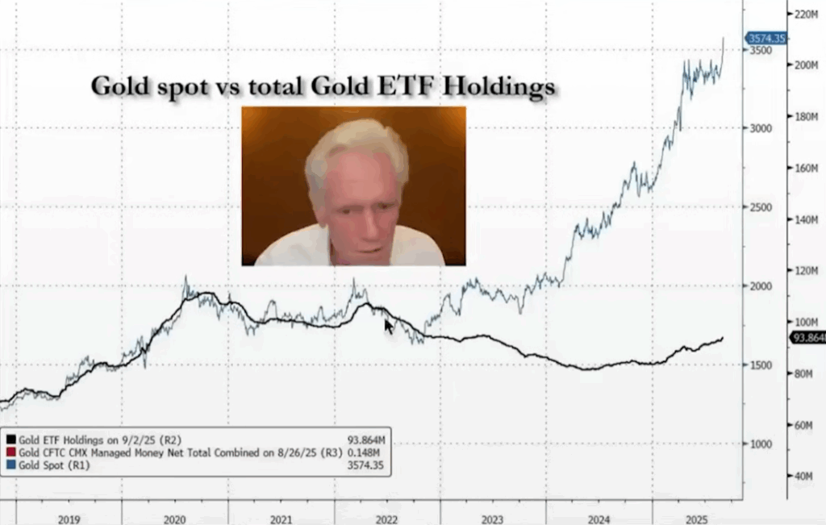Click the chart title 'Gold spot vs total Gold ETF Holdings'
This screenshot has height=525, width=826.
pyautogui.click(x=323, y=85)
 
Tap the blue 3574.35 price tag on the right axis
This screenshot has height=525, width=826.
pyautogui.click(x=766, y=38)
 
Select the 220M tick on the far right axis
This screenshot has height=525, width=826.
pyautogui.click(x=807, y=15)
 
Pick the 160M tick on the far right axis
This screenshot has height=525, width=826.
pyautogui.click(x=807, y=169)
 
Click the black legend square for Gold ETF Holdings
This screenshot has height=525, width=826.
pyautogui.click(x=10, y=440)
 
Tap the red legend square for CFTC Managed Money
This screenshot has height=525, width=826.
pyautogui.click(x=10, y=452)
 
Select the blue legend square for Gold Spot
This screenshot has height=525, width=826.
pyautogui.click(x=10, y=465)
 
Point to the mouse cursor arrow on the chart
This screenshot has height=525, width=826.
pyautogui.click(x=389, y=326)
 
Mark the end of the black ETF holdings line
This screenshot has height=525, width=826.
pyautogui.click(x=723, y=338)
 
